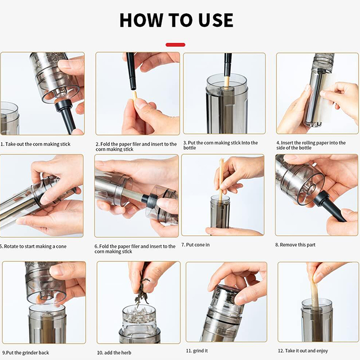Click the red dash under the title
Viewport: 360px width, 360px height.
point(175,45)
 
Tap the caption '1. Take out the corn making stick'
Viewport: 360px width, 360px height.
point(36,144)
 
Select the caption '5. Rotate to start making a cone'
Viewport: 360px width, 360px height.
point(33,246)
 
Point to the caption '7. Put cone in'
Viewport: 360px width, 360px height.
point(195,245)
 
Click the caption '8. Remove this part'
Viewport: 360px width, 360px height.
point(295,245)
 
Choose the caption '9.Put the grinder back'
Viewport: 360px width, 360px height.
point(26,353)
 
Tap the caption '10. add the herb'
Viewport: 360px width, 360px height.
point(114,353)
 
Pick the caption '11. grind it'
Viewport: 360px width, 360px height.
point(197,351)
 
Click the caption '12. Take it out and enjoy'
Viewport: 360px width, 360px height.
point(303,351)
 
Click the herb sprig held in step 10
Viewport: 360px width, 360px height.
point(142,287)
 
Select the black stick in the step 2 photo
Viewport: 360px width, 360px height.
point(130,71)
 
